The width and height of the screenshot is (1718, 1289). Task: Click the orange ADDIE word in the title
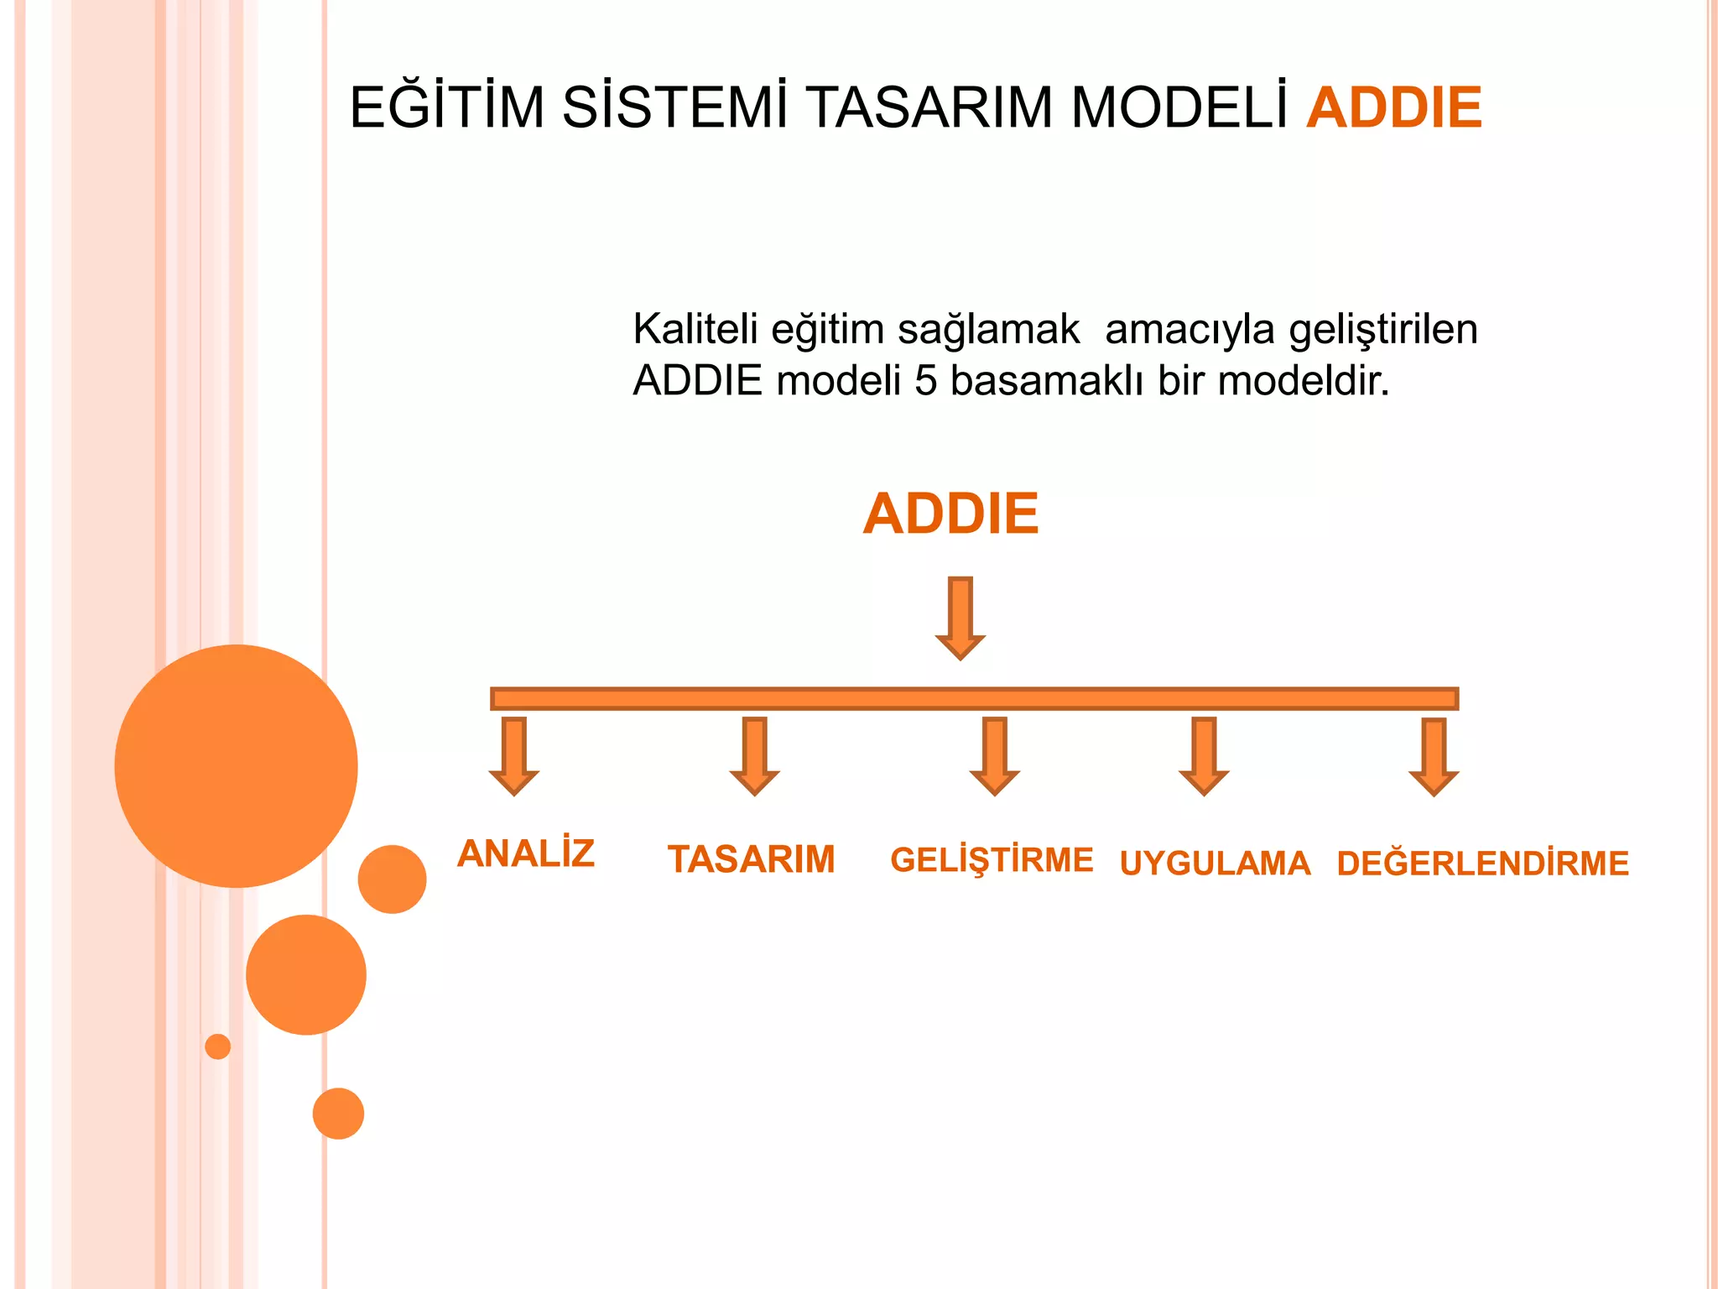[1393, 107]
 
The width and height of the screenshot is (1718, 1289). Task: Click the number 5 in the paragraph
[925, 381]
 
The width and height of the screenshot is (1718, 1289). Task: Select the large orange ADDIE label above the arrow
[950, 514]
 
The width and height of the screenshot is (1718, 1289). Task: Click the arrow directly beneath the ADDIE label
[961, 618]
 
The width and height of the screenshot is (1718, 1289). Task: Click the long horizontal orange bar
[973, 698]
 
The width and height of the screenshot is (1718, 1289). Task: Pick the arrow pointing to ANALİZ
[514, 755]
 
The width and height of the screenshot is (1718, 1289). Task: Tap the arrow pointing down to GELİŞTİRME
[995, 755]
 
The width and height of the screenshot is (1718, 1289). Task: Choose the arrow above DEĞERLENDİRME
[1434, 755]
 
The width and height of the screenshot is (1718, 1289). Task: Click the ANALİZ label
[526, 854]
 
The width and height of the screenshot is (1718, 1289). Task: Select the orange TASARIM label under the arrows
[751, 859]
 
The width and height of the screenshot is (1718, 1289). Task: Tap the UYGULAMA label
[1215, 864]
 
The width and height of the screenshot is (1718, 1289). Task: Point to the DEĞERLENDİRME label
[1482, 864]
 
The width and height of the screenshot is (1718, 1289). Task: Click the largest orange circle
[237, 765]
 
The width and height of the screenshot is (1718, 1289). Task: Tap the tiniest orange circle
[218, 1046]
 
